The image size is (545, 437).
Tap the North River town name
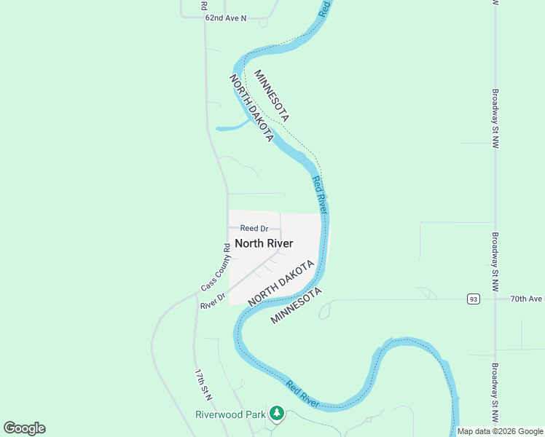tap(264, 243)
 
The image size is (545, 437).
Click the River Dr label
tap(213, 302)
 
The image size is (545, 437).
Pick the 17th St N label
tap(203, 385)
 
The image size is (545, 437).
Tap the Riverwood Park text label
tap(230, 414)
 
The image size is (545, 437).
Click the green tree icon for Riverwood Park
tap(276, 414)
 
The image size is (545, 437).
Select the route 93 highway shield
tap(474, 299)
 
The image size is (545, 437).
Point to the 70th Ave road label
tap(527, 299)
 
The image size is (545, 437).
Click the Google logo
tap(24, 428)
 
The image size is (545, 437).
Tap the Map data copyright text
tap(499, 431)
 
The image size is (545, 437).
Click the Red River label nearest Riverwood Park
tap(304, 393)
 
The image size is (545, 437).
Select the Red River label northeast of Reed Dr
tap(319, 194)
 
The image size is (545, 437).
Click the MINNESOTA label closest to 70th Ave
tap(296, 306)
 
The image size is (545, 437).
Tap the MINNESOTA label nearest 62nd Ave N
tap(272, 95)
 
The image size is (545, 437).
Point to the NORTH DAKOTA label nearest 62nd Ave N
tap(251, 108)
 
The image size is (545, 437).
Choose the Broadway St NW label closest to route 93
tap(495, 252)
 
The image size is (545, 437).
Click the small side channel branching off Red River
tap(232, 127)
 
